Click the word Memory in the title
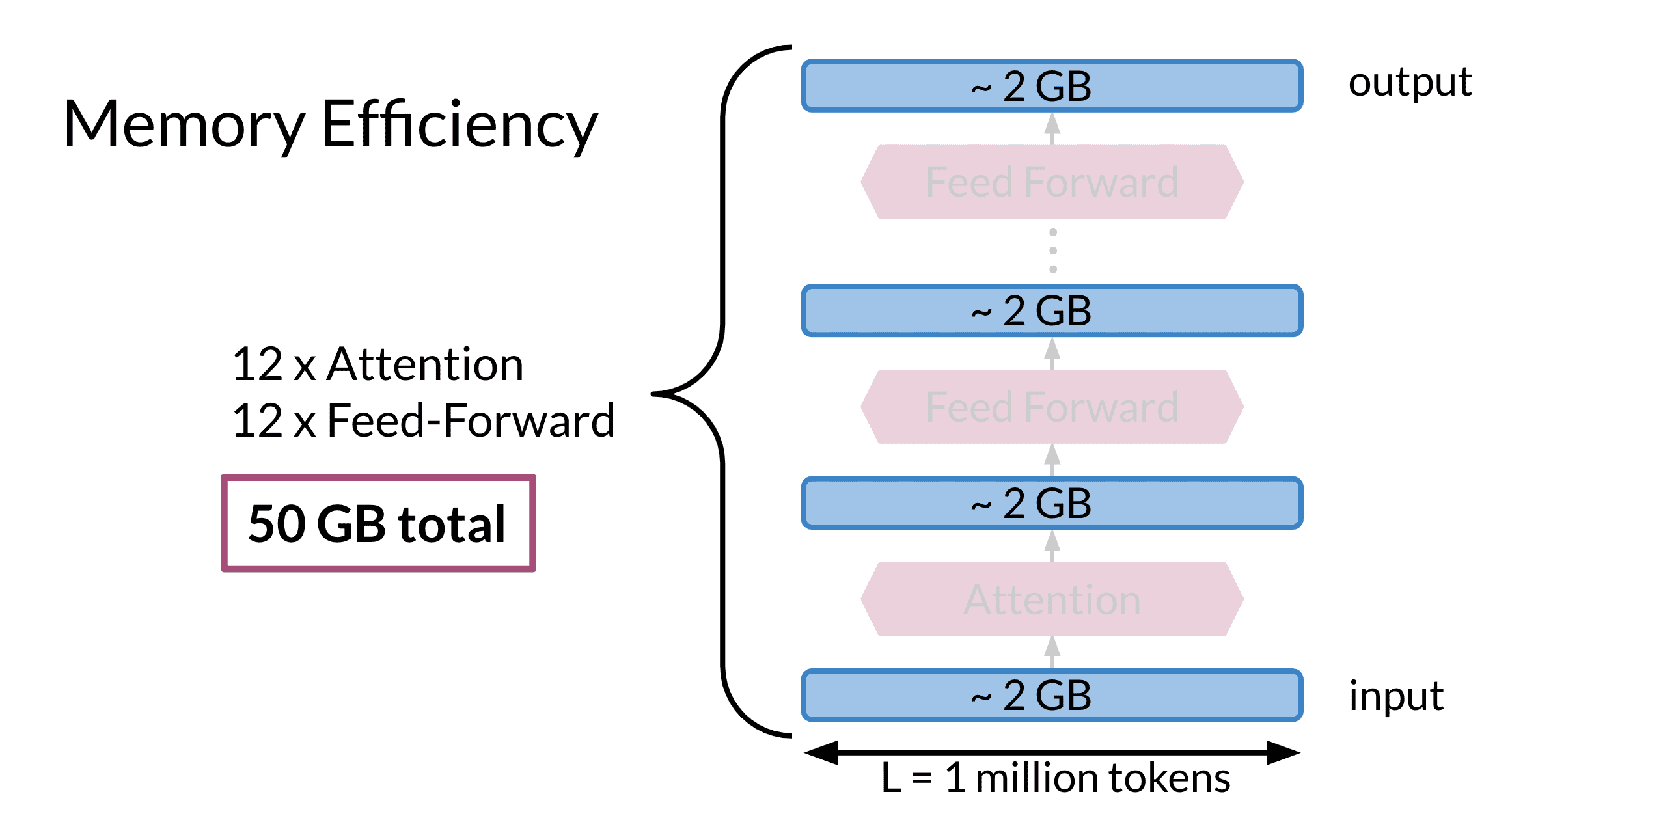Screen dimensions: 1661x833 184,126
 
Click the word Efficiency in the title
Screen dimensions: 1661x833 460,124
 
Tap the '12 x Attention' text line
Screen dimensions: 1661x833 377,364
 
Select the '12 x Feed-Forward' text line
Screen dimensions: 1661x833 424,420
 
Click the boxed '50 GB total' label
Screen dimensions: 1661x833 378,523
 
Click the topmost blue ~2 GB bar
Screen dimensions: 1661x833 1052,86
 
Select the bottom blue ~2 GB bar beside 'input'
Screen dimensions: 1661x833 1052,695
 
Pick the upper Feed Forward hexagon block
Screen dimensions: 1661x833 1052,182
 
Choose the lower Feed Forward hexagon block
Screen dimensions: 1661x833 1052,407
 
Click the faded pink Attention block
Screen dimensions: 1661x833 1052,599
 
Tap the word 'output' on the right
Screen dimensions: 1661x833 1410,83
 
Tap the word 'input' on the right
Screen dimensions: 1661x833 1396,696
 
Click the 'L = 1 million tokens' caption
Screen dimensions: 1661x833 1055,778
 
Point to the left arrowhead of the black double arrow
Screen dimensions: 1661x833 821,753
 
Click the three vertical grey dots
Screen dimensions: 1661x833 1053,251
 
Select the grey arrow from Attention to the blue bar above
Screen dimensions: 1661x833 1052,546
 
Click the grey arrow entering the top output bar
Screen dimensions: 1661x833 1052,129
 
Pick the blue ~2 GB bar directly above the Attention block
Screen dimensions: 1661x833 1052,503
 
